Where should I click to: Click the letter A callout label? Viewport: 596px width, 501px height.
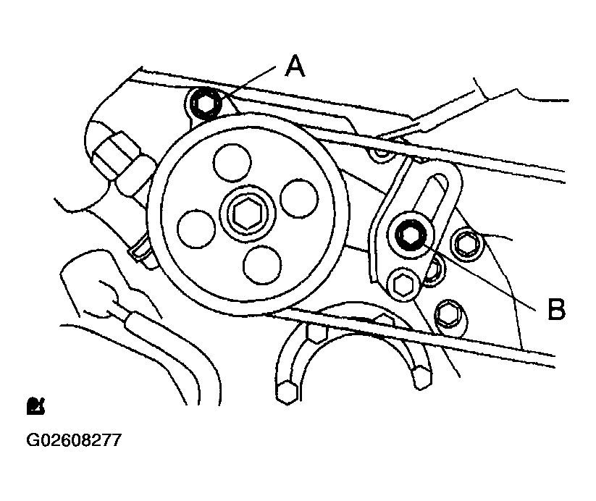(295, 66)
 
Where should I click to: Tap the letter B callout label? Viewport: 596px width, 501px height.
(556, 308)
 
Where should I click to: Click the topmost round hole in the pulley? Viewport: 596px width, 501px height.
(232, 162)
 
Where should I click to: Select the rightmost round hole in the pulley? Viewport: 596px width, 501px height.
(299, 198)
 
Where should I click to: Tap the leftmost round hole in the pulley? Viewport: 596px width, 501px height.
(196, 228)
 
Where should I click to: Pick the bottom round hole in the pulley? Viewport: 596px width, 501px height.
(263, 265)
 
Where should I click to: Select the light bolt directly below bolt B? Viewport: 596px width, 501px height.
(402, 285)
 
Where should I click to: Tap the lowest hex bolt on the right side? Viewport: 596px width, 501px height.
(449, 313)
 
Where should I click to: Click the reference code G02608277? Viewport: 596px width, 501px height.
(74, 440)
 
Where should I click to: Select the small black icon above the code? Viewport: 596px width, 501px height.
(35, 406)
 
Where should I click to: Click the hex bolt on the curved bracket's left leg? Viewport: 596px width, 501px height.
(286, 392)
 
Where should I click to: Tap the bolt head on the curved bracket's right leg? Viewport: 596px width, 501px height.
(421, 377)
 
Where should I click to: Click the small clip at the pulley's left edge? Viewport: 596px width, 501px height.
(140, 249)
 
